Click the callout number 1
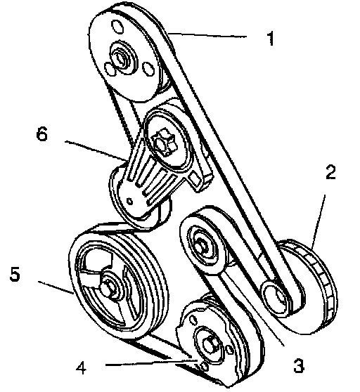(271, 38)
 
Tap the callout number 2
(330, 172)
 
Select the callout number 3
(298, 365)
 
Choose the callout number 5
(15, 273)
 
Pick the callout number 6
(41, 134)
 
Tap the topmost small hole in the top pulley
(117, 27)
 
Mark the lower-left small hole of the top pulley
(110, 69)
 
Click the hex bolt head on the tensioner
(164, 143)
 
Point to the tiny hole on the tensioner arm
(130, 201)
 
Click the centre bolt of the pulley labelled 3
(202, 244)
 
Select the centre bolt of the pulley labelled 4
(210, 344)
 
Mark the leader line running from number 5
(56, 287)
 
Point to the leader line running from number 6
(96, 150)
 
